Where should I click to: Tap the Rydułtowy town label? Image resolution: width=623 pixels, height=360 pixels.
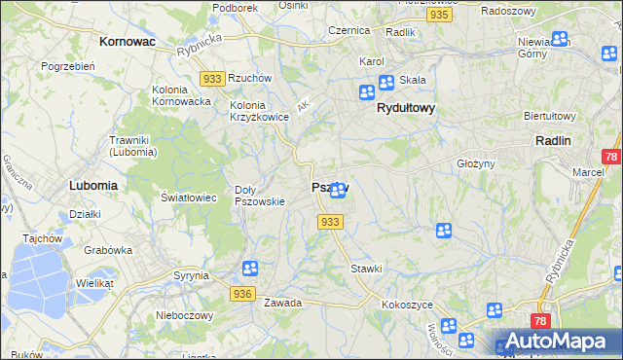click(x=405, y=109)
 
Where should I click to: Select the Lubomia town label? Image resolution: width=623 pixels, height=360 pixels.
click(x=93, y=184)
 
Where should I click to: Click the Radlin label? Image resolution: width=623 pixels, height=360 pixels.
click(x=553, y=140)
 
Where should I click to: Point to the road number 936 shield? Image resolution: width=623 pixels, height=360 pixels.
click(x=243, y=293)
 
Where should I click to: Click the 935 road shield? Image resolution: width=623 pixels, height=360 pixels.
click(x=440, y=16)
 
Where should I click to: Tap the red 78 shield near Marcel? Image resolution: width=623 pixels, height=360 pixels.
click(x=610, y=157)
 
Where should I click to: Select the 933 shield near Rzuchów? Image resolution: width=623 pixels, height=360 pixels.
click(x=211, y=78)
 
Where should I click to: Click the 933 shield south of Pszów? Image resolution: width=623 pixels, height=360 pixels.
click(x=330, y=223)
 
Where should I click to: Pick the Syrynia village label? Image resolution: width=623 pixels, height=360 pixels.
click(x=191, y=275)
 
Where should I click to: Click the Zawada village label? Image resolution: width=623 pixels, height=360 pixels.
click(x=282, y=303)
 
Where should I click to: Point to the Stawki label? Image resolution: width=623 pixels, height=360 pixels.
click(x=366, y=268)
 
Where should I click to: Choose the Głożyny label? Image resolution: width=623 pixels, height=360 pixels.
click(x=477, y=163)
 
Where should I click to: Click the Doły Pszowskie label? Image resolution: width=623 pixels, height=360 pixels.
click(x=260, y=196)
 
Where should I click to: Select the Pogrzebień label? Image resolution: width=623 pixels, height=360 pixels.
click(x=66, y=66)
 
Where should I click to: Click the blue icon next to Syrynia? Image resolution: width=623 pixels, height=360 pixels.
click(x=250, y=269)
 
